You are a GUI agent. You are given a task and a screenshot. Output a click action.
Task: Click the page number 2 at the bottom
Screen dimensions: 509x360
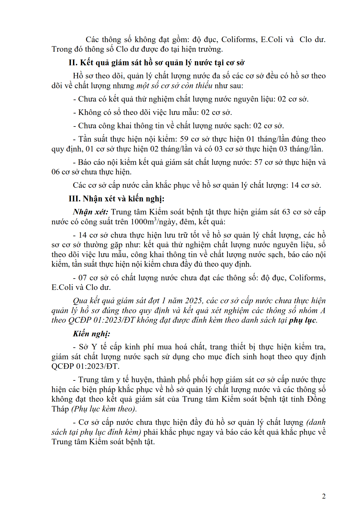[x=324, y=496]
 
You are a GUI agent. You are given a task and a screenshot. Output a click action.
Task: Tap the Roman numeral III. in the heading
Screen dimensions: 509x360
[x=75, y=199]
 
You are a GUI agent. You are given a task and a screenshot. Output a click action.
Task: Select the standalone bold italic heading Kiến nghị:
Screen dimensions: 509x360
[x=91, y=334]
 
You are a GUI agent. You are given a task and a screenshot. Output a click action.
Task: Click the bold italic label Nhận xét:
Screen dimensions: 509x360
[x=91, y=212]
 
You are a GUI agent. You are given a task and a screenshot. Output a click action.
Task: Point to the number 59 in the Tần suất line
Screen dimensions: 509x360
[x=184, y=139]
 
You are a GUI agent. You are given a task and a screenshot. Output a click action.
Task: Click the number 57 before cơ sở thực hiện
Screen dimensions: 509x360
[x=258, y=163]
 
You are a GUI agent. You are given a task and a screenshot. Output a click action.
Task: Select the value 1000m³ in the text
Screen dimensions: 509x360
[x=144, y=222]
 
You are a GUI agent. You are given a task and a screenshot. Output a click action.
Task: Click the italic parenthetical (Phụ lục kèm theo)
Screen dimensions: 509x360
[x=104, y=409]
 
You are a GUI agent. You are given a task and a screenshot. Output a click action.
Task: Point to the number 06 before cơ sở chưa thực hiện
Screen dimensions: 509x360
[x=55, y=172]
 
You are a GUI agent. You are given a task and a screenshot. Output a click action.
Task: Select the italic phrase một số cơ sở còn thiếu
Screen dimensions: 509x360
[x=174, y=86]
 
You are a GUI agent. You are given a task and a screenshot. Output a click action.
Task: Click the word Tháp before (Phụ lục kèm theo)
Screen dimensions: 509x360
[x=60, y=409]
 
